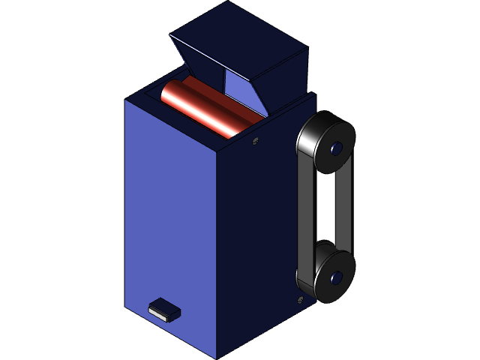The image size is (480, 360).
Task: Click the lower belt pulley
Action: pos(327,274)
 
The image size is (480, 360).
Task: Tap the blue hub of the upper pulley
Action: pos(335,148)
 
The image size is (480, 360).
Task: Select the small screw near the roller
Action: pos(256,140)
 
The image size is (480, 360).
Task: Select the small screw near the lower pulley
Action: pos(300,300)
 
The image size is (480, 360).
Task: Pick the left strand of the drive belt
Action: pos(304,210)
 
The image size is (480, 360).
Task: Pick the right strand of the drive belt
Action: pos(345,210)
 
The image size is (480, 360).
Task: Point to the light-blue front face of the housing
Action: pos(169,225)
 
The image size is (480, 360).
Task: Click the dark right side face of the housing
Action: pos(255,240)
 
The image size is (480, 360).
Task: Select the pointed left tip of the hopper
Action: pos(171,34)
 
